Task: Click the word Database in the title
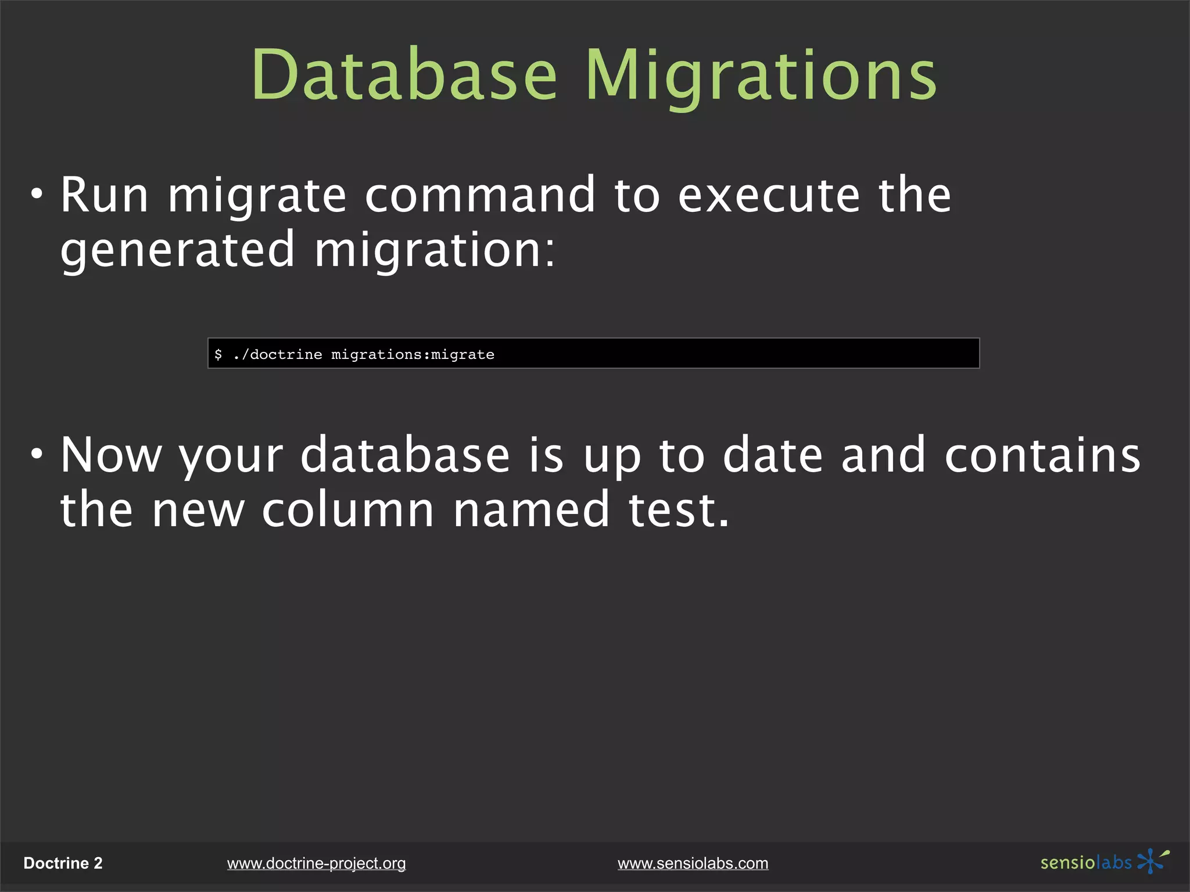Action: coord(404,75)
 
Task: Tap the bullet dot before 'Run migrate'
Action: coord(37,194)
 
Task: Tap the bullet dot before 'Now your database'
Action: coord(37,454)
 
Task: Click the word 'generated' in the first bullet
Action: coord(178,250)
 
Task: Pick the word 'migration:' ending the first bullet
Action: coord(435,250)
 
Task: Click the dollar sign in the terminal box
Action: coord(218,354)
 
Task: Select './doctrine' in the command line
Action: coord(277,354)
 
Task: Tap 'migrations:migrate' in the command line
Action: coord(413,354)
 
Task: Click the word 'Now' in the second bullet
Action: coord(111,455)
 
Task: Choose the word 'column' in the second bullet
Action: coord(347,510)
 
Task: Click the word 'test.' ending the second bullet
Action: coord(679,510)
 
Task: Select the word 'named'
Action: coord(531,510)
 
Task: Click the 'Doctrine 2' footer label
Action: coord(63,863)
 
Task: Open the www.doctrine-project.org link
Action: coord(316,864)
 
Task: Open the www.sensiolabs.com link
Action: coord(693,864)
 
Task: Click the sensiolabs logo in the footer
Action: coord(1104,862)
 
